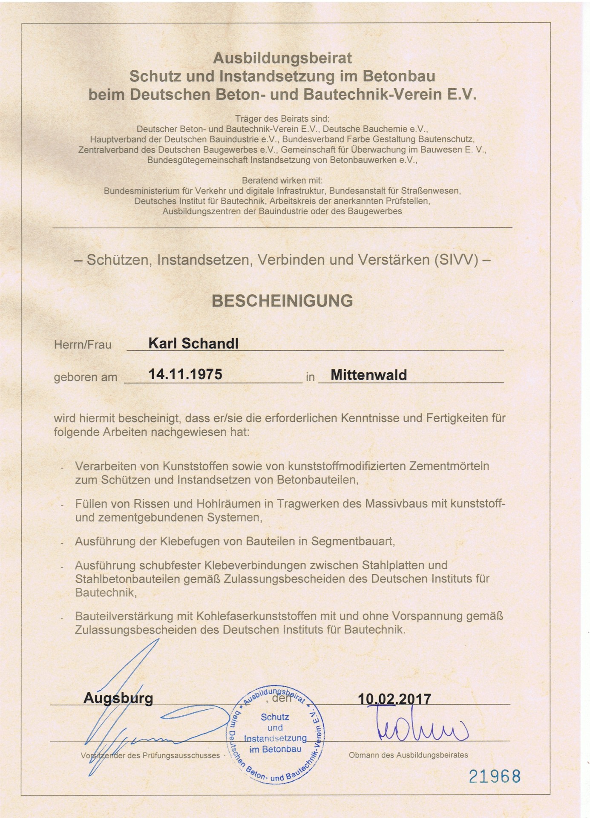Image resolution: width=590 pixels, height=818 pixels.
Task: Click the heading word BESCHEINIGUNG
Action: click(x=282, y=301)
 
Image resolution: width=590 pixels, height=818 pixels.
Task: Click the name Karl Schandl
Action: click(x=193, y=343)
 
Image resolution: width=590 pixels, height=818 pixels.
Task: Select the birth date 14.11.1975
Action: click(x=185, y=374)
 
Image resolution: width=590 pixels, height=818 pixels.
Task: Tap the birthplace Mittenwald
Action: click(x=368, y=375)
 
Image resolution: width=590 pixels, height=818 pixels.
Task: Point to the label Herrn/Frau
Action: click(x=83, y=344)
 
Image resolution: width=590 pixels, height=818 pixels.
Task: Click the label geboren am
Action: click(x=85, y=377)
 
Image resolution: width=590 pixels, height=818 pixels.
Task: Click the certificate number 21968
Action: click(x=495, y=776)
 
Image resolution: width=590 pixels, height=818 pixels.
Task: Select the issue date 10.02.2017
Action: click(x=394, y=699)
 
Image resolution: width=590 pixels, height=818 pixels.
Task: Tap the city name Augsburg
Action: click(x=118, y=698)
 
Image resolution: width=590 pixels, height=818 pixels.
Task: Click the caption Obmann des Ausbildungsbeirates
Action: click(x=408, y=755)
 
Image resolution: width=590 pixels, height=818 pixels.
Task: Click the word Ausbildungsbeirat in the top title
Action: click(x=282, y=58)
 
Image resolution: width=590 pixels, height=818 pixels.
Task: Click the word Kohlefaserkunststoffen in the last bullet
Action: click(x=256, y=616)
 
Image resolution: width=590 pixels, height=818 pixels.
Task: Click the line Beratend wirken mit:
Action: click(x=282, y=180)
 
